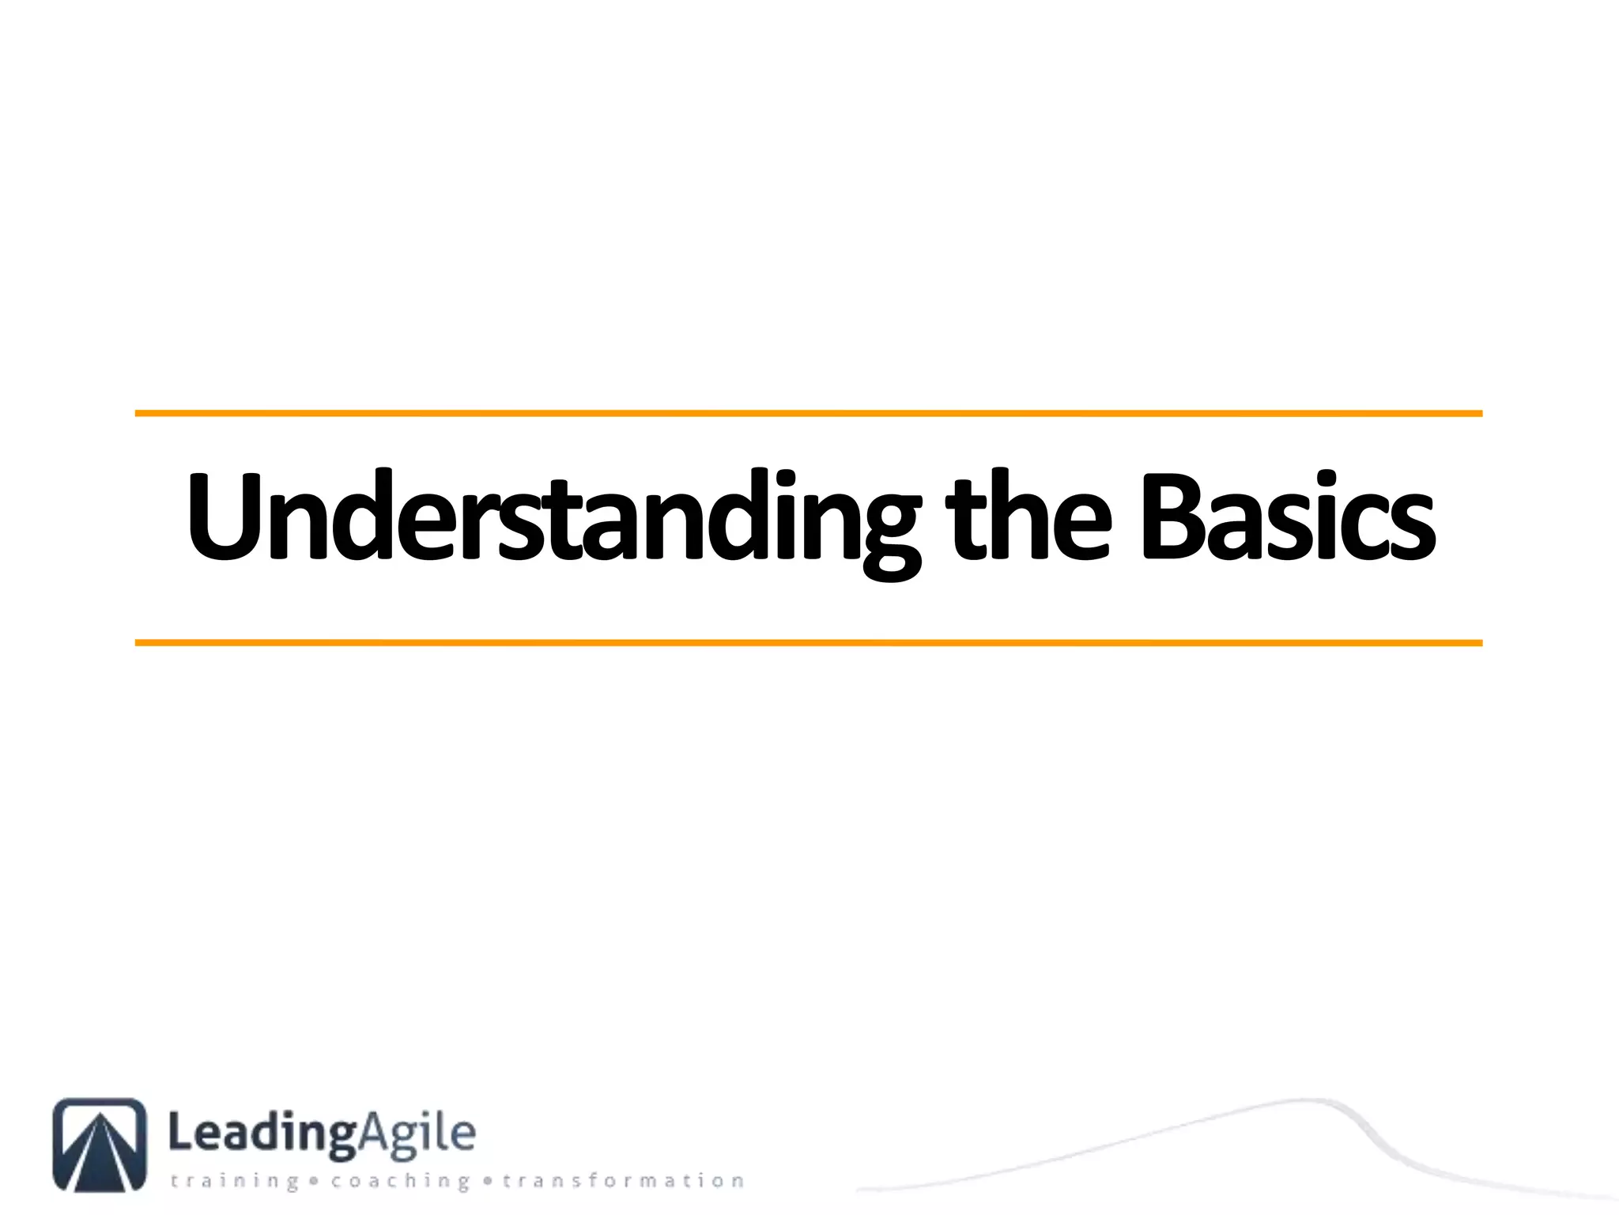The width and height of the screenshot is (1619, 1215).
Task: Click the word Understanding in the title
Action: click(x=553, y=518)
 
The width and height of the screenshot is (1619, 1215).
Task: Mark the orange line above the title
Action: click(x=808, y=413)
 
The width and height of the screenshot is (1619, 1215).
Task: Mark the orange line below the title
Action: click(x=808, y=643)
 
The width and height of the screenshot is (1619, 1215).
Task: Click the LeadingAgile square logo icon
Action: click(x=100, y=1144)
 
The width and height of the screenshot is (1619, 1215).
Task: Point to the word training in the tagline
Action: click(x=235, y=1181)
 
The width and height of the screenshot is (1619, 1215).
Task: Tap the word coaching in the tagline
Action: click(x=400, y=1181)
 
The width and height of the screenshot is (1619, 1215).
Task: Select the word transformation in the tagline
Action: click(x=624, y=1181)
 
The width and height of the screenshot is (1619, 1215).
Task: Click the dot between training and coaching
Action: click(x=314, y=1181)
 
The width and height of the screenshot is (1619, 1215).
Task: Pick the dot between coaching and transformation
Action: click(x=487, y=1181)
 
